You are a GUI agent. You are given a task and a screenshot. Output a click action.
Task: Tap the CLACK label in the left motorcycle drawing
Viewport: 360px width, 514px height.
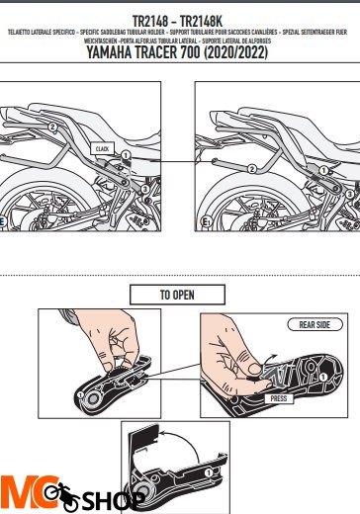click(102, 147)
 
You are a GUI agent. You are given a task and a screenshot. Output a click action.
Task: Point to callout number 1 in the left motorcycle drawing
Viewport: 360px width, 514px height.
click(127, 156)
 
